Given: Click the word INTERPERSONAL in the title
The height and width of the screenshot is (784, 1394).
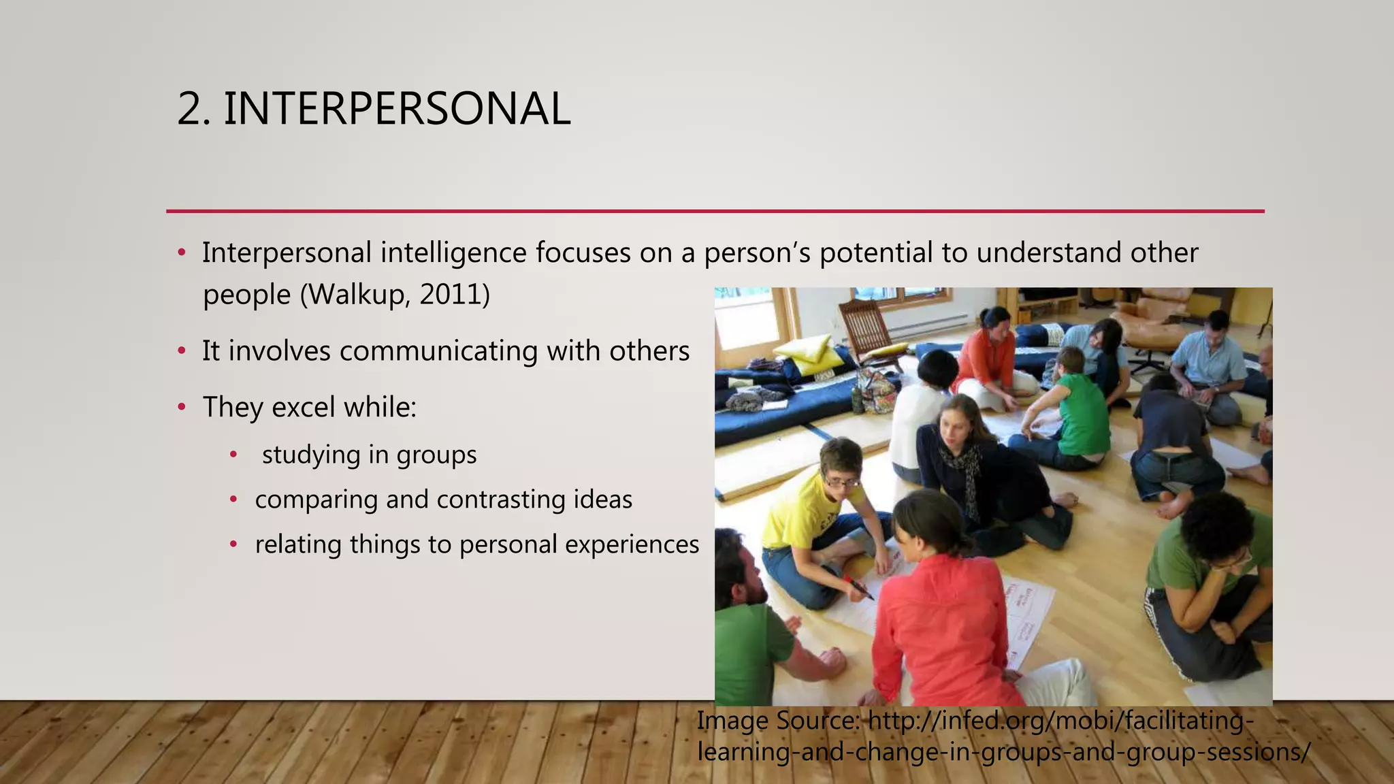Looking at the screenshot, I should [x=396, y=109].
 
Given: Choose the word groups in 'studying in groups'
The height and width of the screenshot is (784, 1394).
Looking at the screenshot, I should [x=436, y=455].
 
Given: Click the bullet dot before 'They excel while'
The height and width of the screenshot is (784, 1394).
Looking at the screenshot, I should [x=181, y=408].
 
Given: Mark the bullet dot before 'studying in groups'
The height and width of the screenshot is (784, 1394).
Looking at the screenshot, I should [x=233, y=455].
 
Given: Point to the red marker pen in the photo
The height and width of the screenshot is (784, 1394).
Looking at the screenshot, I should [x=859, y=587].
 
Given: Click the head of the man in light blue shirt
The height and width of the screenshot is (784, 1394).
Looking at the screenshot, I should [x=1216, y=329].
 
